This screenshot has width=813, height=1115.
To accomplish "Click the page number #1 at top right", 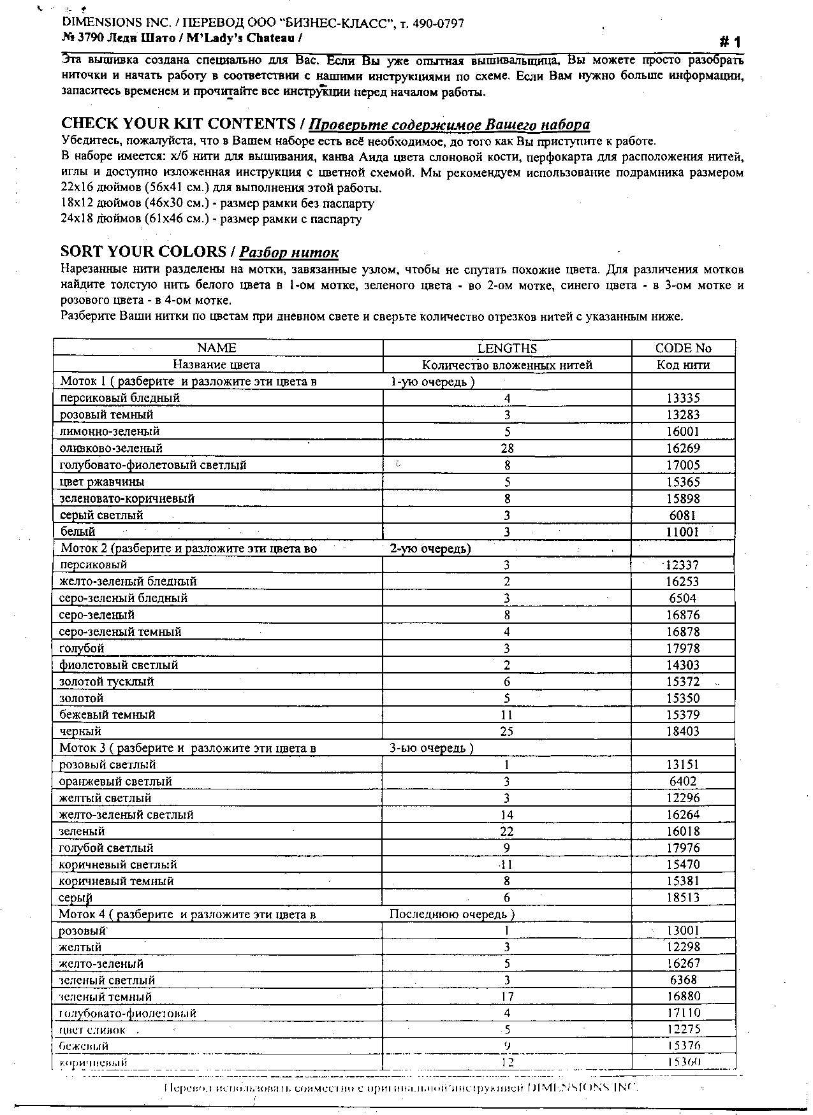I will pyautogui.click(x=730, y=43).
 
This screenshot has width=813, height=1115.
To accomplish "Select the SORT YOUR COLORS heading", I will pyautogui.click(x=143, y=252).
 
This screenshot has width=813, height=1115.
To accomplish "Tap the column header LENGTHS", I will pyautogui.click(x=507, y=349).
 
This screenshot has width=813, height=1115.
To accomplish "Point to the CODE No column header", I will pyautogui.click(x=683, y=349).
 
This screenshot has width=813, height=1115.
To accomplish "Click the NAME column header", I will pyautogui.click(x=217, y=348).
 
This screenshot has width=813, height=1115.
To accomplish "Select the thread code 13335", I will pyautogui.click(x=683, y=398).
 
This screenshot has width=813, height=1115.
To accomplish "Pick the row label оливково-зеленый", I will pyautogui.click(x=111, y=448).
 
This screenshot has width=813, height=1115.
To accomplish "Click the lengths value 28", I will pyautogui.click(x=507, y=449).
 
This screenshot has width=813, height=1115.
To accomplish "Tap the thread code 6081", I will pyautogui.click(x=682, y=515).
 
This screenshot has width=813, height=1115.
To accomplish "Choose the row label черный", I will pyautogui.click(x=80, y=731).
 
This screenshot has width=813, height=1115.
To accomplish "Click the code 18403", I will pyautogui.click(x=683, y=731).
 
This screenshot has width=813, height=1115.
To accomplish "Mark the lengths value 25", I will pyautogui.click(x=507, y=731).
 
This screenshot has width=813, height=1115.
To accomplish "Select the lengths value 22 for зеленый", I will pyautogui.click(x=507, y=831).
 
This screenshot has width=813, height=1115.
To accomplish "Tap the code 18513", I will pyautogui.click(x=683, y=898).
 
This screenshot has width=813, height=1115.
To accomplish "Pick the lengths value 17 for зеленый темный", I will pyautogui.click(x=507, y=996).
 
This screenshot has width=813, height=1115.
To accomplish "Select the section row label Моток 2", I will pyautogui.click(x=189, y=548).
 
